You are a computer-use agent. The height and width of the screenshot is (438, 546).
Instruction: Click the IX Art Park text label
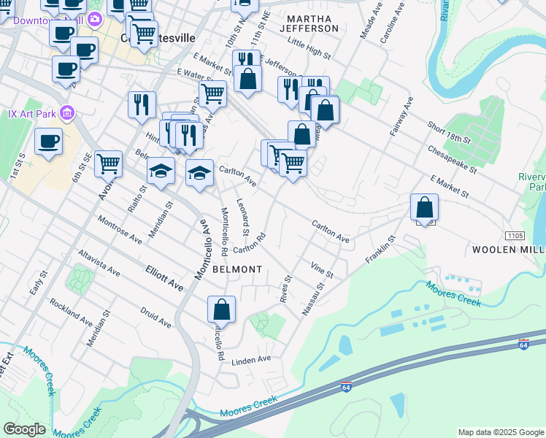point(30,112)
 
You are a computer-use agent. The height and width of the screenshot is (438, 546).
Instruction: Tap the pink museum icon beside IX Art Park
point(67,112)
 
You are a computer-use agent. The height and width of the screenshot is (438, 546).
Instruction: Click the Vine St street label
point(321,270)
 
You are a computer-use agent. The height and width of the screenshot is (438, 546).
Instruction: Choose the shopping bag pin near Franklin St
point(424,207)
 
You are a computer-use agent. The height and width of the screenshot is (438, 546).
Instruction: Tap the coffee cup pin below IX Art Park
point(48,142)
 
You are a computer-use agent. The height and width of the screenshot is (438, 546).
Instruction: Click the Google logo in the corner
point(24,429)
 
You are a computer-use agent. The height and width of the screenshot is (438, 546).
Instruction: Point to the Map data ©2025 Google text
point(501,432)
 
